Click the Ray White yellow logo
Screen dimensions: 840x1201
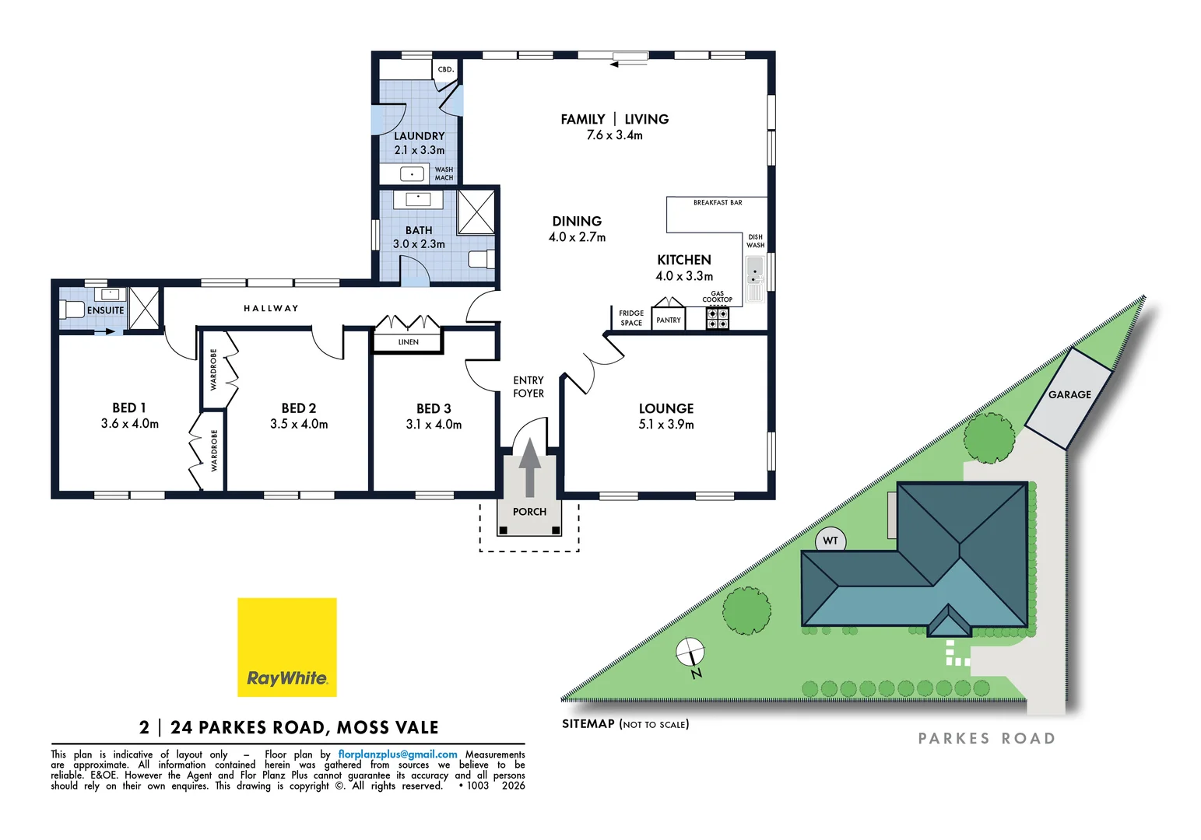pyautogui.click(x=286, y=646)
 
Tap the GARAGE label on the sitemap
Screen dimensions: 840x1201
pyautogui.click(x=1069, y=394)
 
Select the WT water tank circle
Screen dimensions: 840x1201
pyautogui.click(x=831, y=541)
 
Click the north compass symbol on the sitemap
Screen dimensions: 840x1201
pyautogui.click(x=690, y=653)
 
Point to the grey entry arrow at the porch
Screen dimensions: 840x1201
pyautogui.click(x=529, y=467)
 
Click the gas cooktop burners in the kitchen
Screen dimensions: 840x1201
pyautogui.click(x=717, y=319)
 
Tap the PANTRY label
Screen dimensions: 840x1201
pyautogui.click(x=668, y=320)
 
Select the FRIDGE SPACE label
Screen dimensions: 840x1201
pyautogui.click(x=631, y=318)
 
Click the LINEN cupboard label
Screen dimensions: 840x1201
pyautogui.click(x=408, y=342)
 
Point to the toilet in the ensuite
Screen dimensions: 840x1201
pyautogui.click(x=72, y=310)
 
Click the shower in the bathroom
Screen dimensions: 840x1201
pyautogui.click(x=476, y=212)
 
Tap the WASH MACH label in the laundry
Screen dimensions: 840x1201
pyautogui.click(x=444, y=173)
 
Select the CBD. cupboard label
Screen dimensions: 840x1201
pyautogui.click(x=445, y=69)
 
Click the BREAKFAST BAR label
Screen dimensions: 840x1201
pyautogui.click(x=718, y=202)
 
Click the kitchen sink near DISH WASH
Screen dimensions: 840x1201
pyautogui.click(x=754, y=278)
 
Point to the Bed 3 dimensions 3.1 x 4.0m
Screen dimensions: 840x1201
pyautogui.click(x=434, y=425)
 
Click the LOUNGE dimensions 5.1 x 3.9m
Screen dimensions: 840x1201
pyautogui.click(x=665, y=425)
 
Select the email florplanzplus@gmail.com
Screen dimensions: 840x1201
pyautogui.click(x=398, y=754)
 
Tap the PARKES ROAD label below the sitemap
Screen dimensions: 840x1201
pyautogui.click(x=986, y=738)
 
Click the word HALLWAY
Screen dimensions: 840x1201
pyautogui.click(x=271, y=309)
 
